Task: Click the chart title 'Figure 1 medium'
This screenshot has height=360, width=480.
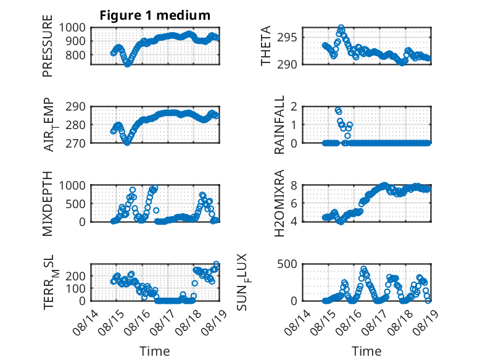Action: click(x=155, y=15)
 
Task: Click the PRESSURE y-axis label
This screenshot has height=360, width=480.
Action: click(x=48, y=46)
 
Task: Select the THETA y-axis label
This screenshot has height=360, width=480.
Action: click(x=266, y=46)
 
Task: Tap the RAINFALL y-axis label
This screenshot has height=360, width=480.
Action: click(x=279, y=125)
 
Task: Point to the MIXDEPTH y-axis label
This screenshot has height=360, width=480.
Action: click(x=48, y=204)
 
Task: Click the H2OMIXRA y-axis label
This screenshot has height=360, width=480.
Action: click(x=279, y=203)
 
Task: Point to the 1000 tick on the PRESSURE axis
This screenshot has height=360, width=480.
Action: click(x=72, y=28)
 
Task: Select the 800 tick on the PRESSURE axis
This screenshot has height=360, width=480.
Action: click(x=76, y=56)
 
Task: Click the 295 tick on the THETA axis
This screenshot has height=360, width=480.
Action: click(x=287, y=38)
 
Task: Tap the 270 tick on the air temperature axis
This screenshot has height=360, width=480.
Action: click(x=76, y=143)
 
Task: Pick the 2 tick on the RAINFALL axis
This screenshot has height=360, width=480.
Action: click(x=294, y=107)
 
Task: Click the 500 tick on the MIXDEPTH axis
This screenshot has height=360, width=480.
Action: click(x=76, y=204)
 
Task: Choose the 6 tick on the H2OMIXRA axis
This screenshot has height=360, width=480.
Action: click(x=294, y=203)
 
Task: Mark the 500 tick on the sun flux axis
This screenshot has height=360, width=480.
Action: click(x=287, y=264)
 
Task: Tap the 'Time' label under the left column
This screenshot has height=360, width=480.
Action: click(x=155, y=351)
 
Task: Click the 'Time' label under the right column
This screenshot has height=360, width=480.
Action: click(x=366, y=351)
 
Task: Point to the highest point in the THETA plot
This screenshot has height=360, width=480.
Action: click(x=341, y=28)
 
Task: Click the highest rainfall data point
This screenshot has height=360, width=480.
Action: click(x=337, y=110)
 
